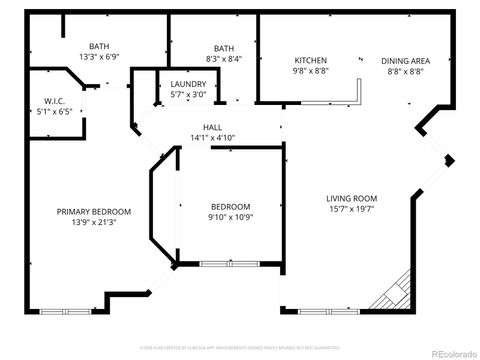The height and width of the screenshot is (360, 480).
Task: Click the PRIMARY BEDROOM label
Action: pos(94,211)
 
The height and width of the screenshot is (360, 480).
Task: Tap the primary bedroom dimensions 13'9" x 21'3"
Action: pos(94,221)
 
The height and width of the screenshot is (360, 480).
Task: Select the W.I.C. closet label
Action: pos(54,100)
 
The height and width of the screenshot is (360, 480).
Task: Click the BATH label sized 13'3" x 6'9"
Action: pos(99,46)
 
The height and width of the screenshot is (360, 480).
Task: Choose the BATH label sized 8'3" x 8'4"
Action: pos(223,48)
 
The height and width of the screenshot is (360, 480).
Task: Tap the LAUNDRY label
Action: pos(188,84)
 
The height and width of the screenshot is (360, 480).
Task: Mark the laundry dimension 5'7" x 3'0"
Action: pos(188,94)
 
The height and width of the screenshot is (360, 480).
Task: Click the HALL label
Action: pos(212,127)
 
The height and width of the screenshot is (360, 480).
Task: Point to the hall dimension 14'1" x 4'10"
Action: pos(212,137)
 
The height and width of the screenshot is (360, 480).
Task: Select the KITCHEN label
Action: pos(310,61)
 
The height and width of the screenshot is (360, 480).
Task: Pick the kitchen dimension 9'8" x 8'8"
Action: pos(310,71)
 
